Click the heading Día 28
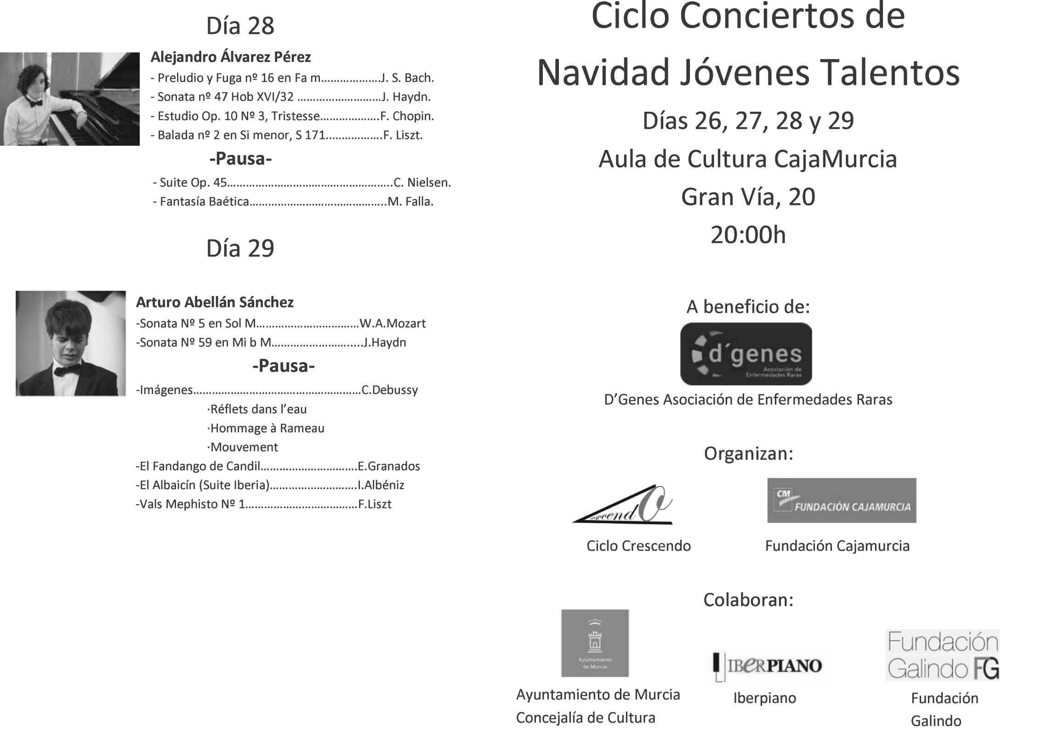coord(240,26)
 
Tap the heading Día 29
coord(240,248)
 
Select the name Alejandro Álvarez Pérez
coord(231,57)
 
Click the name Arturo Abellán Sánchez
coord(215,303)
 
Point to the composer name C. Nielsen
coord(422,183)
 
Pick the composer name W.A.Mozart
coord(393,324)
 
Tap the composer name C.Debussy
coord(390,390)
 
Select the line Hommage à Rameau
coord(266,428)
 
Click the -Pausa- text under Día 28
coord(240,159)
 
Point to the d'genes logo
coord(746,354)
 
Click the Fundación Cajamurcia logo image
coord(841,501)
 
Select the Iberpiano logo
coord(767,666)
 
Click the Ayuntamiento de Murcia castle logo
coord(595,643)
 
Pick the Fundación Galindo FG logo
coord(942,655)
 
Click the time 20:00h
coord(748,235)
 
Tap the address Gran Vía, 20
coord(748,197)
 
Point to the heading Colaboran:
coord(748,600)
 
